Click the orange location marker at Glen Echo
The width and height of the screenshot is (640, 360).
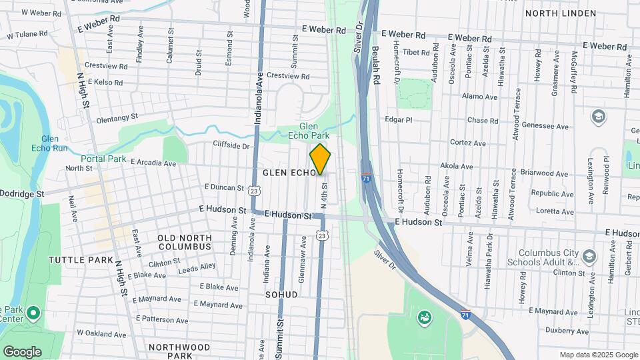tap(321, 159)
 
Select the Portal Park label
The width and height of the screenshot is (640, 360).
tap(103, 159)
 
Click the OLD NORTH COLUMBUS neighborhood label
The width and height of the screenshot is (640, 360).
tap(185, 242)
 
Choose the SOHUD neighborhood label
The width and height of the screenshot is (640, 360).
tap(281, 294)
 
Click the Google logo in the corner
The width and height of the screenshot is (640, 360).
tap(22, 352)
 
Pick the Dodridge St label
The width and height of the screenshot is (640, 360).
tap(22, 193)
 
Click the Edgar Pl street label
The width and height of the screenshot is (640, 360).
tap(399, 120)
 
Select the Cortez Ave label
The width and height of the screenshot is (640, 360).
tap(468, 143)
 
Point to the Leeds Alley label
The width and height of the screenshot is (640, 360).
tap(197, 267)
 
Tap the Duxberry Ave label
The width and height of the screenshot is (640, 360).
tap(567, 331)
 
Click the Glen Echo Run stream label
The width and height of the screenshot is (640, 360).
tap(51, 143)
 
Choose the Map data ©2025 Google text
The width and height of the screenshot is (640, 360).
tap(598, 355)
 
